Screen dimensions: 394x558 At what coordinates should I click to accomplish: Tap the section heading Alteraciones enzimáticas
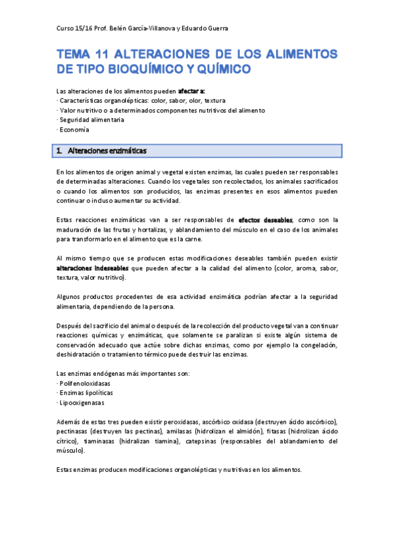coord(107,151)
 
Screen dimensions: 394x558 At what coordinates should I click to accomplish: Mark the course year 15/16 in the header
coord(84,28)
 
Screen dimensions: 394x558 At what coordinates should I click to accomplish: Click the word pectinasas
coord(75,432)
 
